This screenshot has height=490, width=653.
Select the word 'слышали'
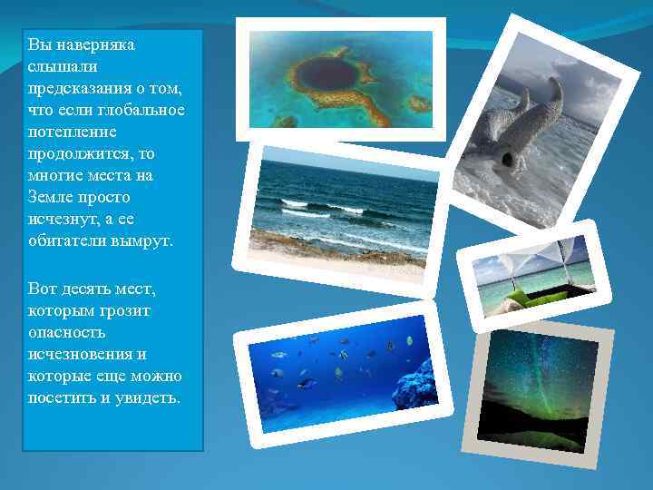point(55,66)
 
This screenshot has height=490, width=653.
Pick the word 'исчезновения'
point(79,355)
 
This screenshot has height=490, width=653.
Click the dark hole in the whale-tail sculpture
point(507,159)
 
